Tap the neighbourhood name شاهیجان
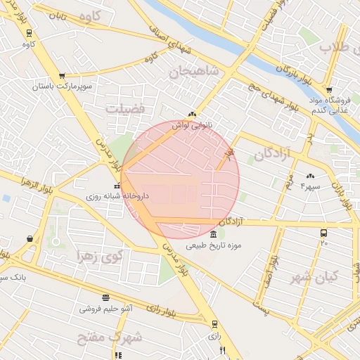point(194,72)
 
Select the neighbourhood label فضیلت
point(124,109)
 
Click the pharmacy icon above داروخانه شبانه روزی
point(117,186)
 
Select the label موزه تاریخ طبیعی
point(214,246)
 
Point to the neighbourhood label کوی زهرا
point(98,255)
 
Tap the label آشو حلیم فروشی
point(105,308)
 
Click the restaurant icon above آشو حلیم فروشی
point(105,297)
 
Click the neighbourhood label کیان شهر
point(314,276)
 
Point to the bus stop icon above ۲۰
point(324,233)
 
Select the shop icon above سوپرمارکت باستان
point(62,76)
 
